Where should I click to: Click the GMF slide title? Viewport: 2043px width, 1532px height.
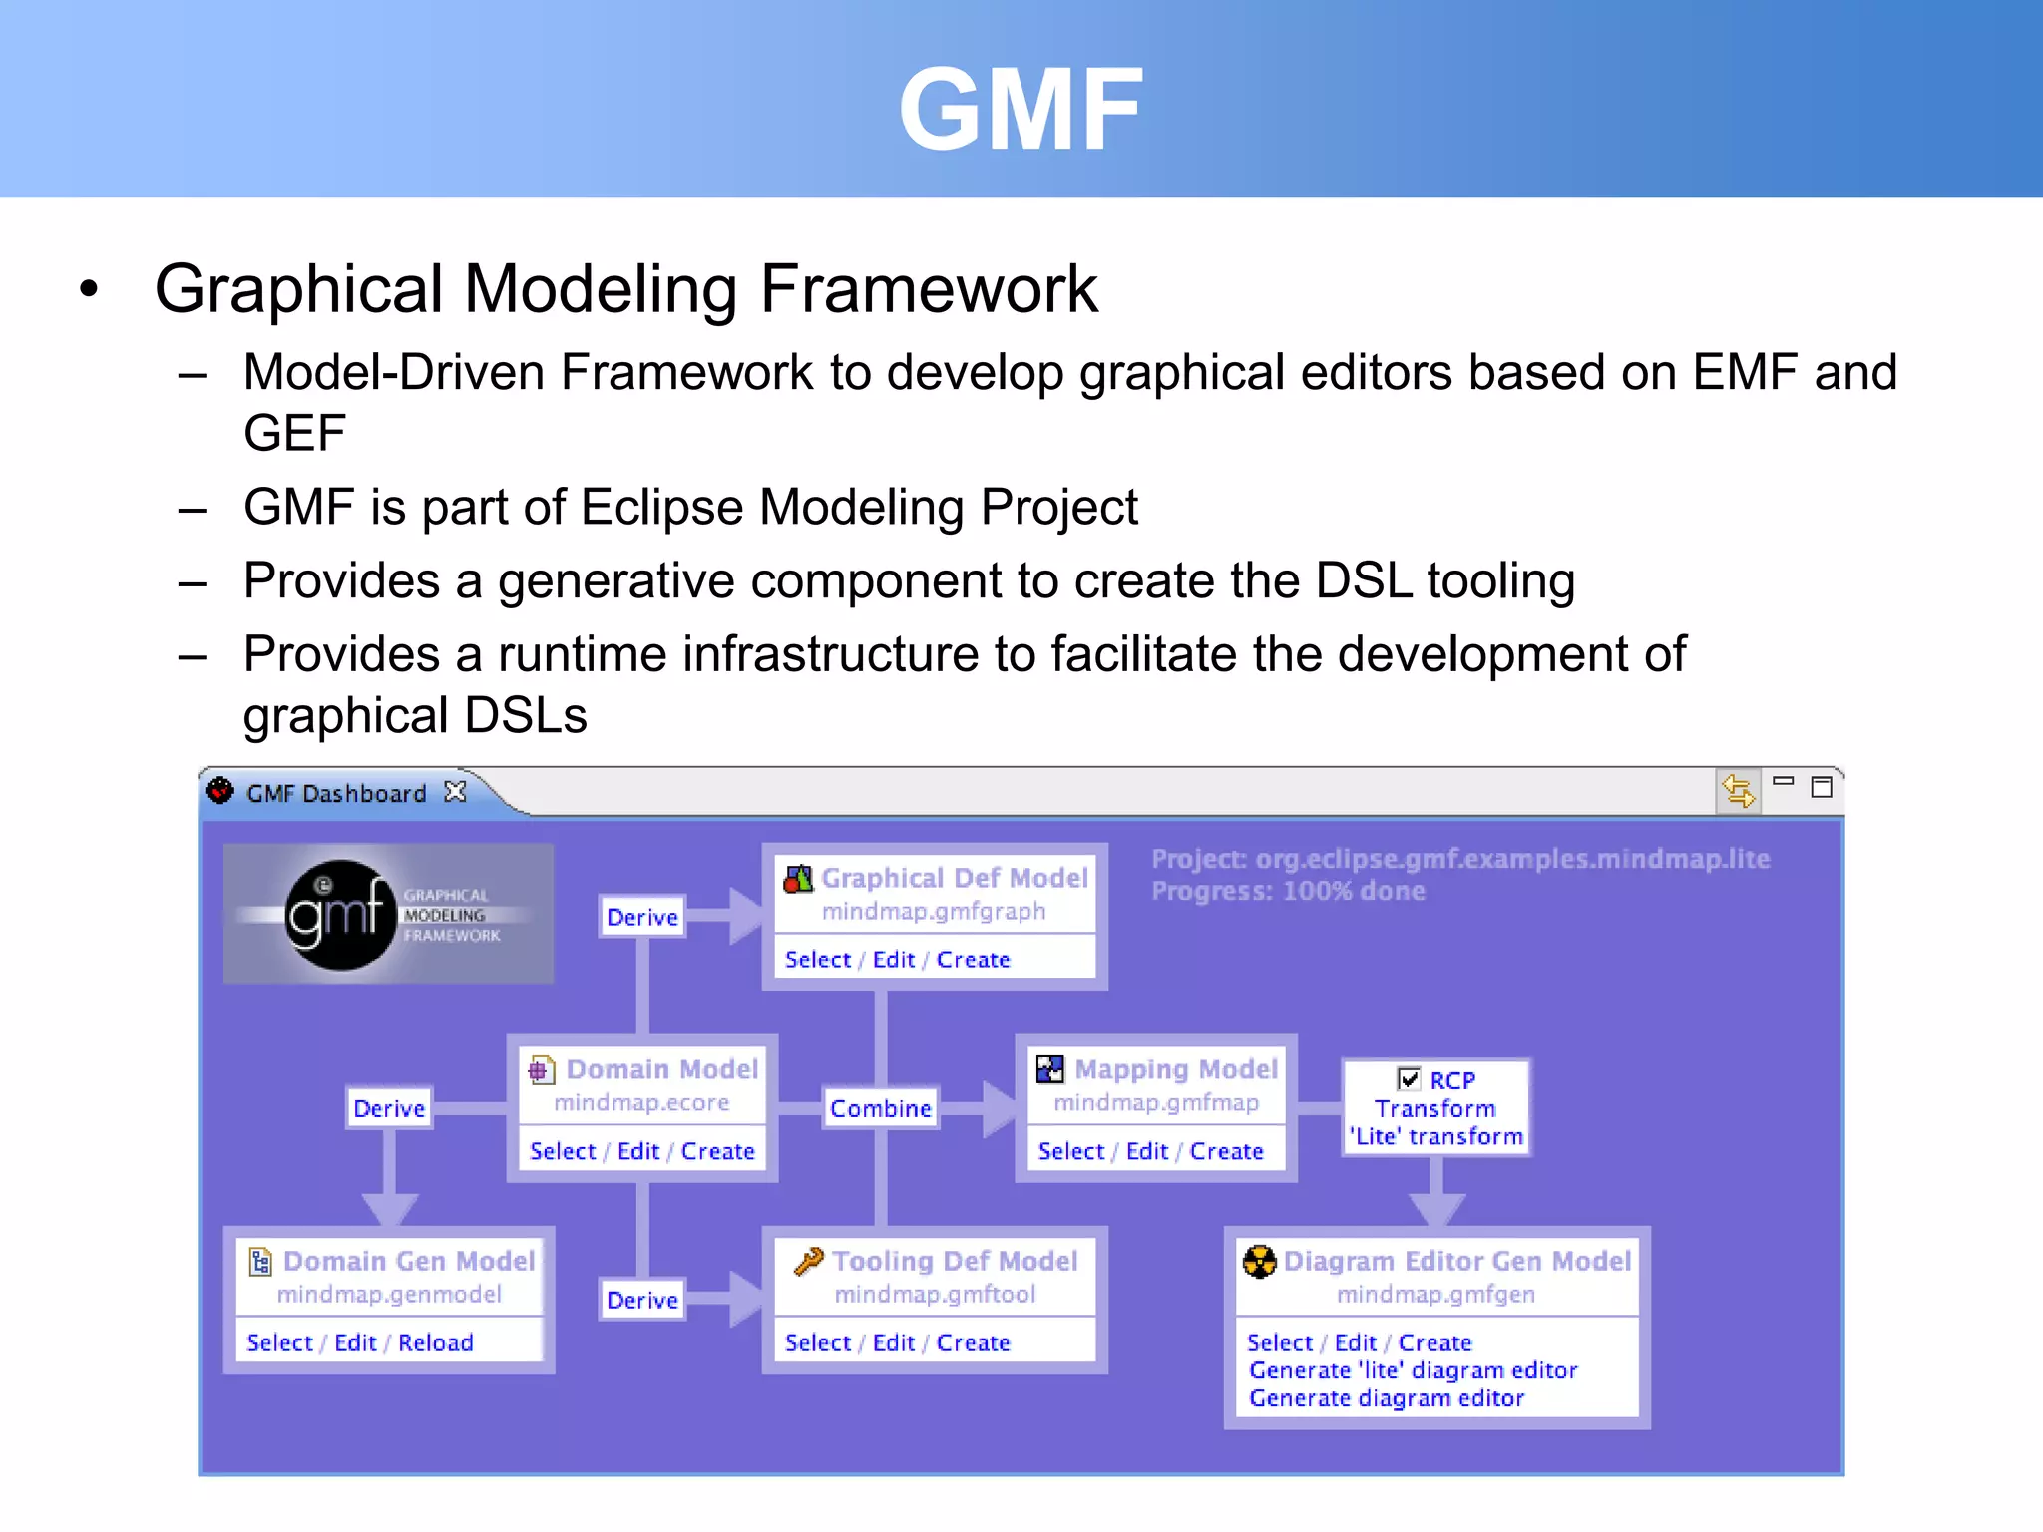[x=1021, y=108]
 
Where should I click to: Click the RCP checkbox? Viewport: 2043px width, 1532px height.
[x=1409, y=1078]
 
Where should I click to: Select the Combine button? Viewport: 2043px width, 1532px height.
[x=880, y=1108]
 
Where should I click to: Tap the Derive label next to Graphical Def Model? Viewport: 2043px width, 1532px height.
[x=642, y=917]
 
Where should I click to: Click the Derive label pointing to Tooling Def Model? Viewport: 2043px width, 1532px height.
[x=642, y=1300]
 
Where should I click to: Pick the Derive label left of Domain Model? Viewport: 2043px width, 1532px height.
[x=389, y=1108]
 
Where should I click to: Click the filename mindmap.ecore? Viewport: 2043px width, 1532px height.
[x=641, y=1102]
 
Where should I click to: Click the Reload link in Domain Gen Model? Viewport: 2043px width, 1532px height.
[x=436, y=1342]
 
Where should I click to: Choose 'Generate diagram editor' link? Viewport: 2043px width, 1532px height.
[x=1387, y=1398]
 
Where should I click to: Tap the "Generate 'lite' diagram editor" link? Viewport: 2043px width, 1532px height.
[x=1413, y=1370]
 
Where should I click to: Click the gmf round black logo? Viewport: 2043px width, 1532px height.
[x=339, y=914]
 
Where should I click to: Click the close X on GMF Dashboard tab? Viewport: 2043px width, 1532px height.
[x=456, y=792]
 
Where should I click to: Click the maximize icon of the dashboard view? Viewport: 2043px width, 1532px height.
[x=1822, y=787]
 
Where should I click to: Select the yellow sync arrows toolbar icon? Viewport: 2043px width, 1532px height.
[x=1738, y=792]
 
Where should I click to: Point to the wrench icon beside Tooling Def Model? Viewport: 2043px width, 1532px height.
[x=808, y=1261]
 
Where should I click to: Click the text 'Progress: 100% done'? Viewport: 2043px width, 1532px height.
[x=1288, y=891]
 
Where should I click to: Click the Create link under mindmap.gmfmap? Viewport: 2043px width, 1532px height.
[x=1226, y=1151]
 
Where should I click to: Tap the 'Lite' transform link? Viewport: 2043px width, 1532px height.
[x=1436, y=1136]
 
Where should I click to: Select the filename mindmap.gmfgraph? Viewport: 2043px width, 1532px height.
[x=934, y=911]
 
